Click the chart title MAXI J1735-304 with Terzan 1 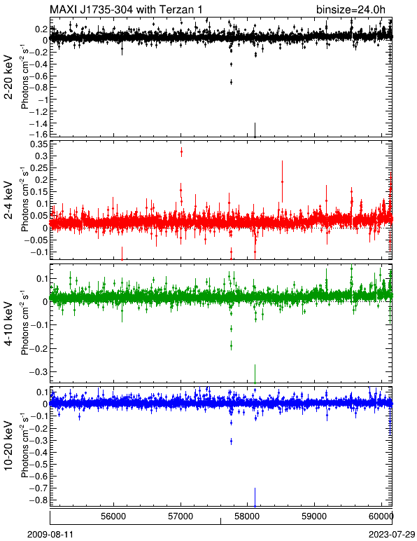pyautogui.click(x=126, y=9)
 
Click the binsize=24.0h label pyautogui.click(x=351, y=9)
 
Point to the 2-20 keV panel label pyautogui.click(x=8, y=77)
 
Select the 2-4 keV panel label pyautogui.click(x=8, y=200)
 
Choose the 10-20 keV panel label pyautogui.click(x=8, y=446)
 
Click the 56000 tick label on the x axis pyautogui.click(x=114, y=516)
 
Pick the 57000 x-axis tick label pyautogui.click(x=181, y=516)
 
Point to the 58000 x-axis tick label pyautogui.click(x=248, y=516)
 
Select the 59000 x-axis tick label pyautogui.click(x=315, y=516)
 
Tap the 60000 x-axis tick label pyautogui.click(x=382, y=516)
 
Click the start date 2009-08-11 pyautogui.click(x=50, y=535)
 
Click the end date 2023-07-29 pyautogui.click(x=392, y=535)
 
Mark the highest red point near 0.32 pyautogui.click(x=181, y=151)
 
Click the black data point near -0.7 pyautogui.click(x=231, y=82)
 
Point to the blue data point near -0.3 pyautogui.click(x=231, y=441)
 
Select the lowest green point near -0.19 pyautogui.click(x=231, y=345)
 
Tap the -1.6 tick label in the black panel pyautogui.click(x=39, y=135)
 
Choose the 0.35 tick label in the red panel pyautogui.click(x=39, y=144)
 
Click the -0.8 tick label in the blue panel pyautogui.click(x=39, y=500)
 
